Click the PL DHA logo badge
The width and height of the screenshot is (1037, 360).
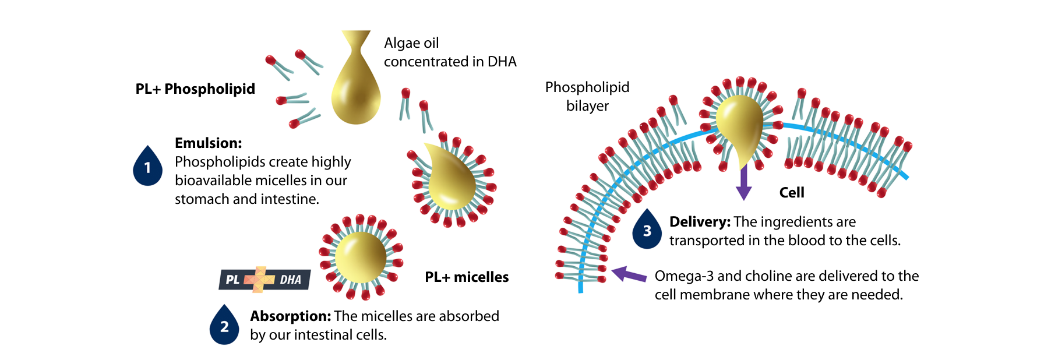(x=264, y=279)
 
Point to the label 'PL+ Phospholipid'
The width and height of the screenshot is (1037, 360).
(x=195, y=89)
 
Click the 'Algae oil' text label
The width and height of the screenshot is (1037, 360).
(x=411, y=43)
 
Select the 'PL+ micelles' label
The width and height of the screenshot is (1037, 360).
(x=467, y=277)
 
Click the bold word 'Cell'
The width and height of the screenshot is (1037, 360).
(x=792, y=193)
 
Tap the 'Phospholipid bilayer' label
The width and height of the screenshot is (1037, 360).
(x=587, y=96)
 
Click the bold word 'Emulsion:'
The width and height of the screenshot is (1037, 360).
(x=208, y=143)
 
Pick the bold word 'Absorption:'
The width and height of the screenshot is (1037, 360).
(x=291, y=316)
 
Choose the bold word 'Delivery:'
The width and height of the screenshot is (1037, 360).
(x=700, y=222)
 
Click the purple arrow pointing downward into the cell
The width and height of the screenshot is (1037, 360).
(x=743, y=182)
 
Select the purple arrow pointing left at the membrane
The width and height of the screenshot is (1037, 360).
(x=629, y=274)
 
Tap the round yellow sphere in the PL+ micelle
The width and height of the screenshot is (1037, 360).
(x=361, y=257)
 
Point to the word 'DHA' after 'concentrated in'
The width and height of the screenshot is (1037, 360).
(x=502, y=62)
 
